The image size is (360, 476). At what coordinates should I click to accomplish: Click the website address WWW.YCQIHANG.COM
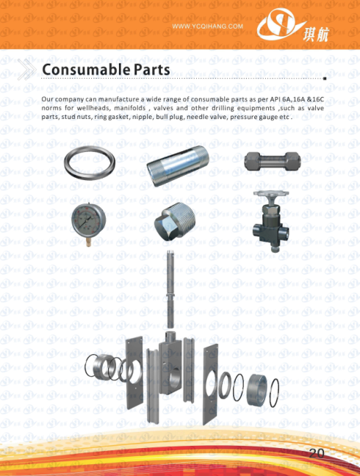click(208, 26)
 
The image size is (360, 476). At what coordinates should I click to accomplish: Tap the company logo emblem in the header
click(278, 25)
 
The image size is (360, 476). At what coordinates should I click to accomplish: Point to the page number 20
click(317, 453)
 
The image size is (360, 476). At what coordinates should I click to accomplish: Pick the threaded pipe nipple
click(178, 165)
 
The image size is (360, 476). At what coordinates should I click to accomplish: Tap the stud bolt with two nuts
click(273, 161)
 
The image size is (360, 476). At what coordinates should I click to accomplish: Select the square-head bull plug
click(175, 221)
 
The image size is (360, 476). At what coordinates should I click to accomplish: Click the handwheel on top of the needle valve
click(271, 193)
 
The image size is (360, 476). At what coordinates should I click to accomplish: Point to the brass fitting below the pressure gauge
click(88, 242)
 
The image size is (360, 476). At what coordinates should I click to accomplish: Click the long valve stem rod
click(170, 289)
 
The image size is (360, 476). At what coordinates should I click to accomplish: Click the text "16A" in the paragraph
click(298, 99)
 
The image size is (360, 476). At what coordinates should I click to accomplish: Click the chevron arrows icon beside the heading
click(26, 70)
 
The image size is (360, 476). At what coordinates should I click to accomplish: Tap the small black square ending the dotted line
click(325, 79)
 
